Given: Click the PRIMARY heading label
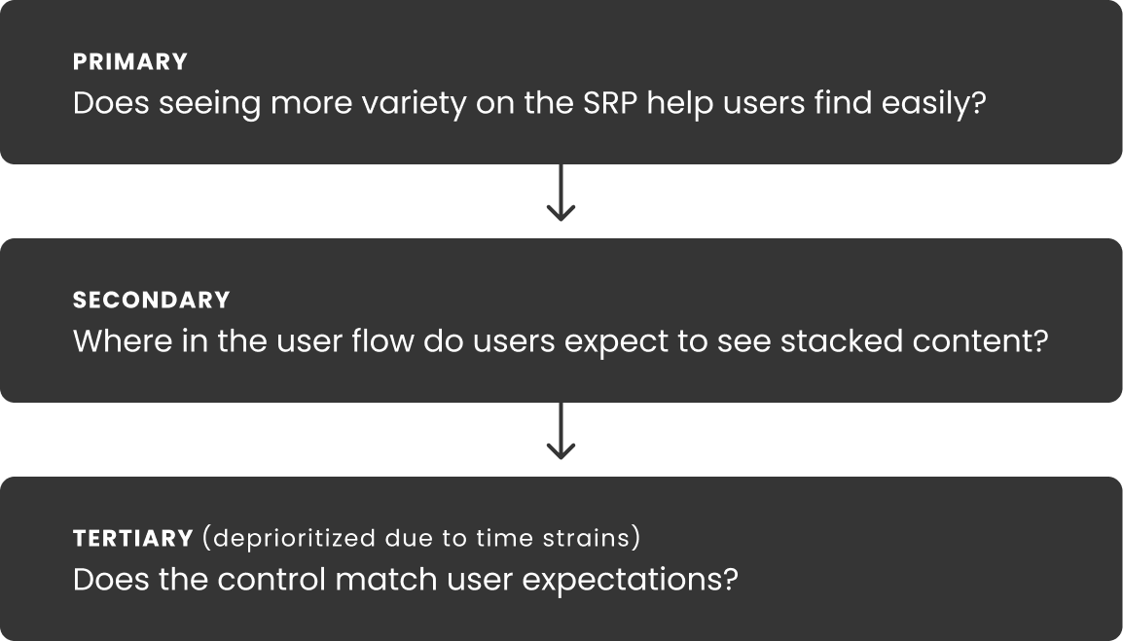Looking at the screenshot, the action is [130, 61].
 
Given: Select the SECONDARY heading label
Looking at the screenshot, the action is [152, 301].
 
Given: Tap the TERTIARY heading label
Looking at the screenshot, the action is [133, 538].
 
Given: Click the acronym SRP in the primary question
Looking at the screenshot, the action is [610, 103].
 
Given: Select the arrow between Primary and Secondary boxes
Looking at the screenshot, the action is [561, 193].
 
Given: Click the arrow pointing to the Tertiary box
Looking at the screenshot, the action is [561, 431].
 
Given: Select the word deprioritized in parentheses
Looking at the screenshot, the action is [294, 539].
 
